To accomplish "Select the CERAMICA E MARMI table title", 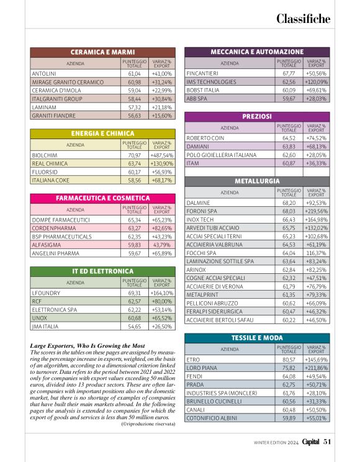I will (x=102, y=53).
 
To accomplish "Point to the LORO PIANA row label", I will (x=202, y=368).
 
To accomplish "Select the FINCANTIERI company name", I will (x=202, y=73).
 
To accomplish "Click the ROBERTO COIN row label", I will (x=205, y=138).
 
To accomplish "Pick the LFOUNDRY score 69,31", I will (x=133, y=292).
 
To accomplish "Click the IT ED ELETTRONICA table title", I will (x=102, y=271).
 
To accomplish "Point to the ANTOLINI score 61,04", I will (x=133, y=73).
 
